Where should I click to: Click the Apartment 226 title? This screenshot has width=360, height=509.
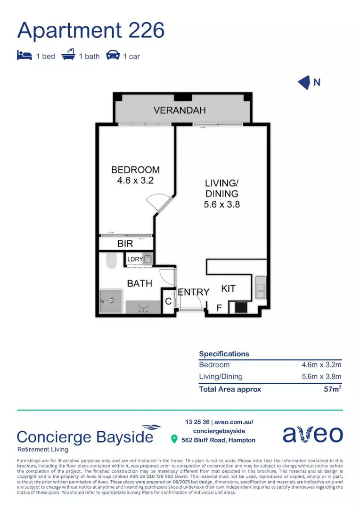91,30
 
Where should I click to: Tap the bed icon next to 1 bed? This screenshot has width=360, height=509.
24,56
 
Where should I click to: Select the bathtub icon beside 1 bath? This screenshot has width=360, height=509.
68,56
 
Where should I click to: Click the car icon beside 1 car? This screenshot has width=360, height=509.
113,56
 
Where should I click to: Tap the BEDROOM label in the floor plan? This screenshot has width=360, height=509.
135,175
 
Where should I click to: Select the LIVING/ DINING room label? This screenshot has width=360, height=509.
221,193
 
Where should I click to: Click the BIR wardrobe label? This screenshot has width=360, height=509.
125,244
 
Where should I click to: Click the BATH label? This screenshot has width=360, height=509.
139,283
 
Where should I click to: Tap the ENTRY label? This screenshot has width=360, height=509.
193,292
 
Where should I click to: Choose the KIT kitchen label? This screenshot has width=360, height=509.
229,288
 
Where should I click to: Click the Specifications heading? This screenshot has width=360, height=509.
224,353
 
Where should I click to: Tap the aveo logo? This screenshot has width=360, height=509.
312,435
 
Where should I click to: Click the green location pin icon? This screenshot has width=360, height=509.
174,440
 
